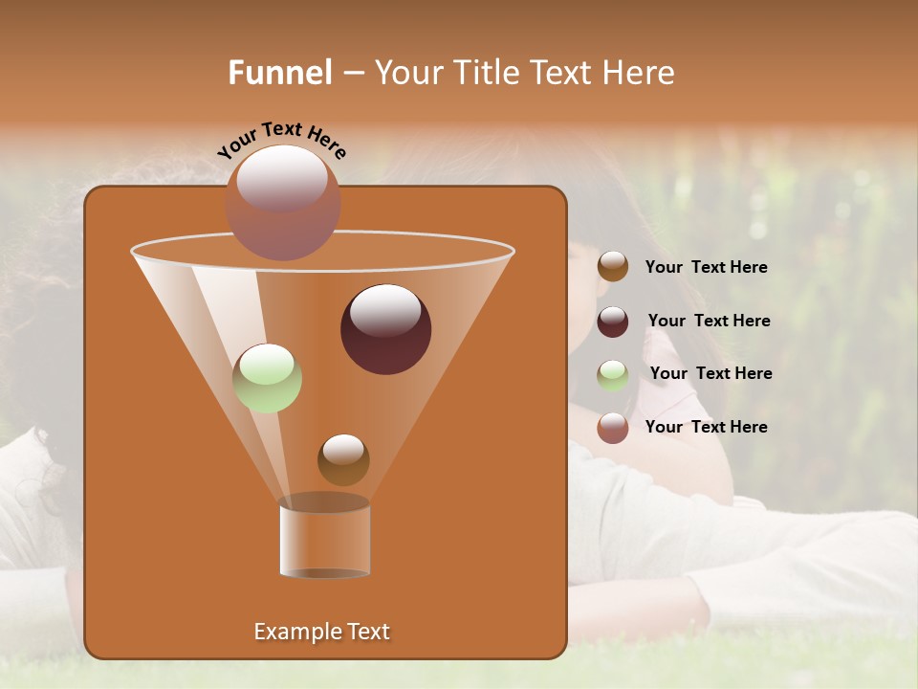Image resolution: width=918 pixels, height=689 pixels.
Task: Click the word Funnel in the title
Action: coord(280,72)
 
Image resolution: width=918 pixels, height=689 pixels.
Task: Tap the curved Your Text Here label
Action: coord(282,140)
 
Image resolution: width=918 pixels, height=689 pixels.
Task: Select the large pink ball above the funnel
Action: coord(282,203)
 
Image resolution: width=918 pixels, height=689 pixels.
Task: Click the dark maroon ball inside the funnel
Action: coord(386,330)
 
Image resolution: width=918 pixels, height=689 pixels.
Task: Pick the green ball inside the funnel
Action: coord(268,378)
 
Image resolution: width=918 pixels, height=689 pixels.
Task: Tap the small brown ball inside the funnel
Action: coord(343,459)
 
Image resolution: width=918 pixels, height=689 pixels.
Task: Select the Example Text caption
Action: coord(321,632)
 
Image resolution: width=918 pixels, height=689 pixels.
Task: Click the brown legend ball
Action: coord(613,267)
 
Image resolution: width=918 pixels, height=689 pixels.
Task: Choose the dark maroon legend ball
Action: coord(613,322)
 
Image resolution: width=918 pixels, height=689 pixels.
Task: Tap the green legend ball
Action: coord(613,375)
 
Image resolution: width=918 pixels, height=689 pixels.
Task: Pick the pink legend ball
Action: coord(613,428)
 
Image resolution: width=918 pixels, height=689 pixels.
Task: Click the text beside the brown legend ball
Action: coord(706,268)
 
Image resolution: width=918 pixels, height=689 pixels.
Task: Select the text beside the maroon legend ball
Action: coord(709,321)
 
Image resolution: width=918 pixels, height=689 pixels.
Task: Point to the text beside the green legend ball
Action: coord(710,373)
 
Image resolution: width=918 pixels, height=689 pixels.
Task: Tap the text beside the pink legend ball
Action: coord(706,427)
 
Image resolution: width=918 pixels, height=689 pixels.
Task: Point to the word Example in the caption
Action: coord(295,632)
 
